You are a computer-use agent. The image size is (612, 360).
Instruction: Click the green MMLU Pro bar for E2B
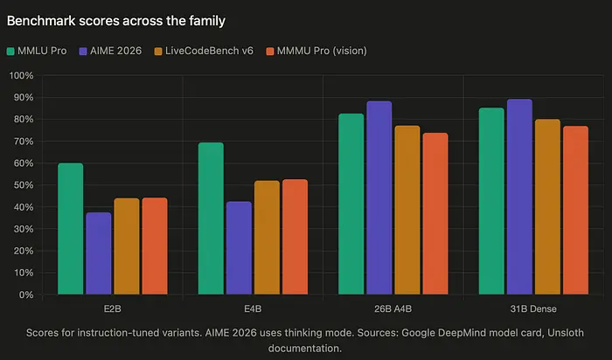[71, 229]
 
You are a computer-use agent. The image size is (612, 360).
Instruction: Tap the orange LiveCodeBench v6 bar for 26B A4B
[407, 210]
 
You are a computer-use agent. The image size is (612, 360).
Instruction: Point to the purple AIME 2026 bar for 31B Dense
[519, 197]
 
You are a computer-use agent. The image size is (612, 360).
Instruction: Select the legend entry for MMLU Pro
[43, 51]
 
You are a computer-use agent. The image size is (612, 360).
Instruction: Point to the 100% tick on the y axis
[21, 76]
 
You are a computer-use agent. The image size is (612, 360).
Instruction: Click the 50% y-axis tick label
[23, 185]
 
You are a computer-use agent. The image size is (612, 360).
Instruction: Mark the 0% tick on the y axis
[25, 294]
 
